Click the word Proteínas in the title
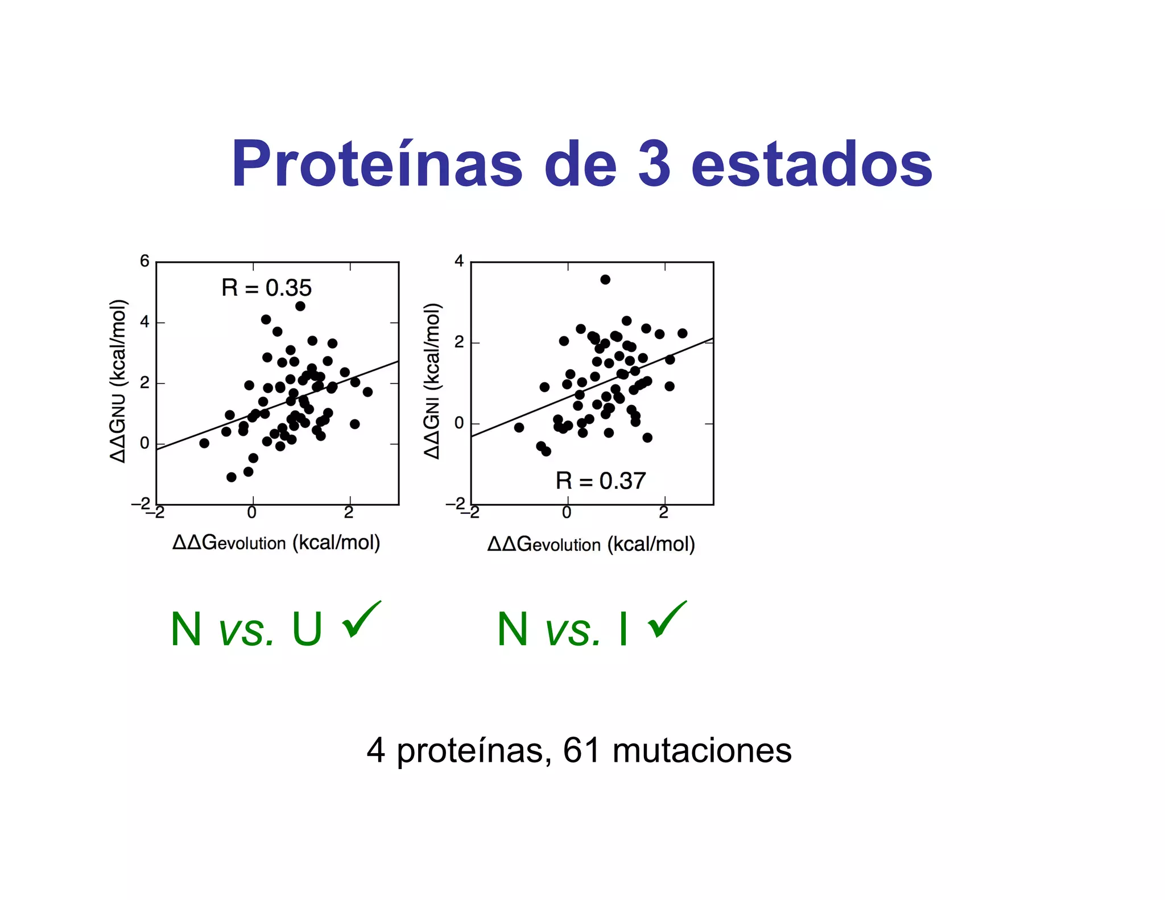[x=377, y=164]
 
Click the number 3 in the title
[x=654, y=164]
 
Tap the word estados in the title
[x=812, y=164]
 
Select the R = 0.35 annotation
[x=266, y=288]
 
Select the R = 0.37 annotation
[x=600, y=481]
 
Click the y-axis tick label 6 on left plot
[x=144, y=261]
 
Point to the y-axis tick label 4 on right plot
[x=459, y=261]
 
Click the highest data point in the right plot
[x=605, y=279]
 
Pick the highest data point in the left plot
[x=300, y=306]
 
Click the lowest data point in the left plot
[x=232, y=477]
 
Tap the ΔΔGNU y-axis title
[x=118, y=381]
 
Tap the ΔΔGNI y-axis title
[x=432, y=381]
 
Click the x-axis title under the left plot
[x=276, y=543]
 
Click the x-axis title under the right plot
[x=591, y=544]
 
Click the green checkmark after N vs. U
[x=361, y=620]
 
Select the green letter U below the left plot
[x=307, y=629]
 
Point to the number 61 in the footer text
[x=581, y=750]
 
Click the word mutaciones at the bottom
[x=702, y=750]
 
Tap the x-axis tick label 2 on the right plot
[x=664, y=513]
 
